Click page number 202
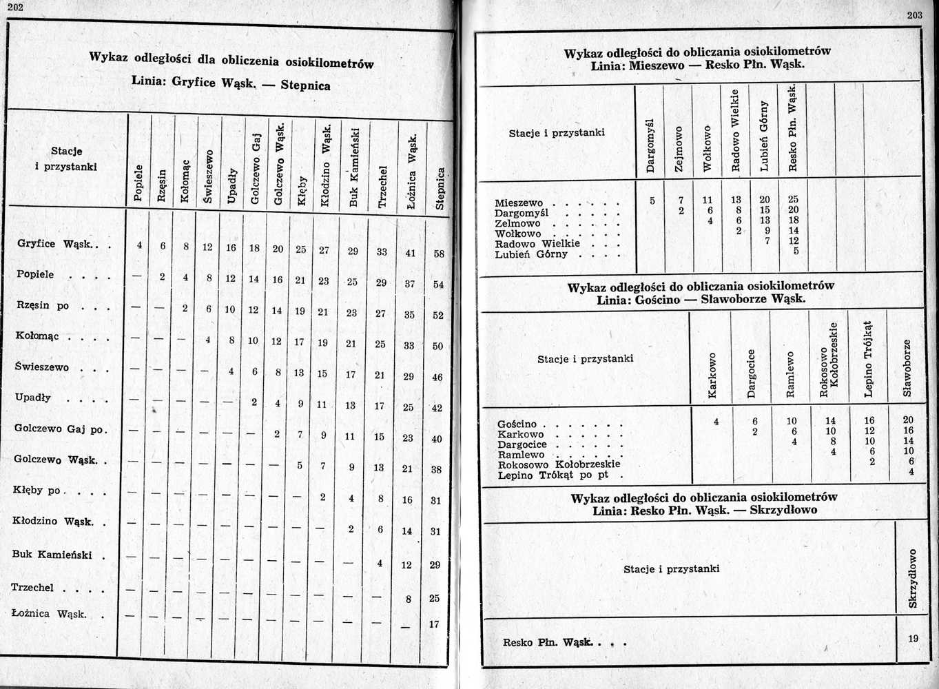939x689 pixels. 13,7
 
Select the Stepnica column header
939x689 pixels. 440,188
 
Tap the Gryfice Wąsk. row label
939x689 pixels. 58,244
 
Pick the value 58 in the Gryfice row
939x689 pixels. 439,254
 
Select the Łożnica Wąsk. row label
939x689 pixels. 50,613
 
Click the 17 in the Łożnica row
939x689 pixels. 434,624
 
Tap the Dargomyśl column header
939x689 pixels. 649,145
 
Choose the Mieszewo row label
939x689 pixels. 519,203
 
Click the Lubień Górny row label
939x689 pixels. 531,254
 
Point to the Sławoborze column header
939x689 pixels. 908,368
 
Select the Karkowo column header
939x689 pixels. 713,376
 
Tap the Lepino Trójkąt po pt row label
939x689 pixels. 553,475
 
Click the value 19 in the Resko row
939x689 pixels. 913,639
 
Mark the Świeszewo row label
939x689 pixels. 42,367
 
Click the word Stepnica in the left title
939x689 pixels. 305,86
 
